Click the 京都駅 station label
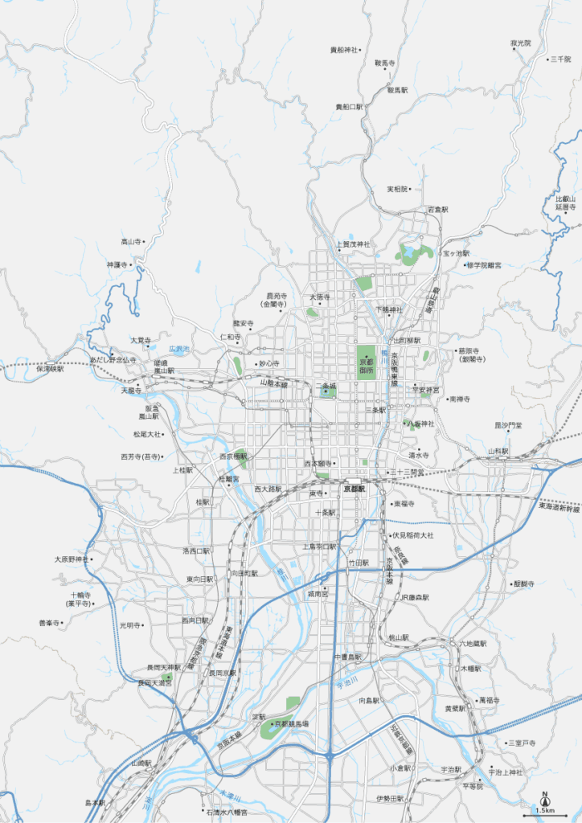(355, 488)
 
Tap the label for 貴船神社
(344, 50)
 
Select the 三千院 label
(559, 59)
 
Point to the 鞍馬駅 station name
(397, 90)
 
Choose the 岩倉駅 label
(437, 209)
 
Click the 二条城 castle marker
(328, 388)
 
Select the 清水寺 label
(419, 455)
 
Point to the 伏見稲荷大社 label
(412, 534)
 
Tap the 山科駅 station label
(498, 451)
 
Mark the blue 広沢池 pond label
(178, 349)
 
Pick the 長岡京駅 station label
(223, 673)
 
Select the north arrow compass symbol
(544, 798)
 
